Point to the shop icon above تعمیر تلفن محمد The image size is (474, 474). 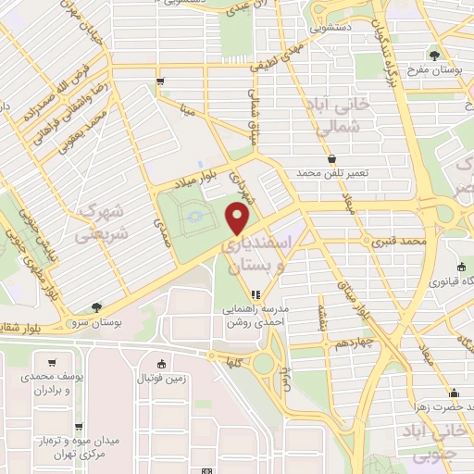[x=331, y=159]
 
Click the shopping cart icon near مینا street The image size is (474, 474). [x=161, y=81]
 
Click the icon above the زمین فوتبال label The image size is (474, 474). [x=162, y=363]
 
